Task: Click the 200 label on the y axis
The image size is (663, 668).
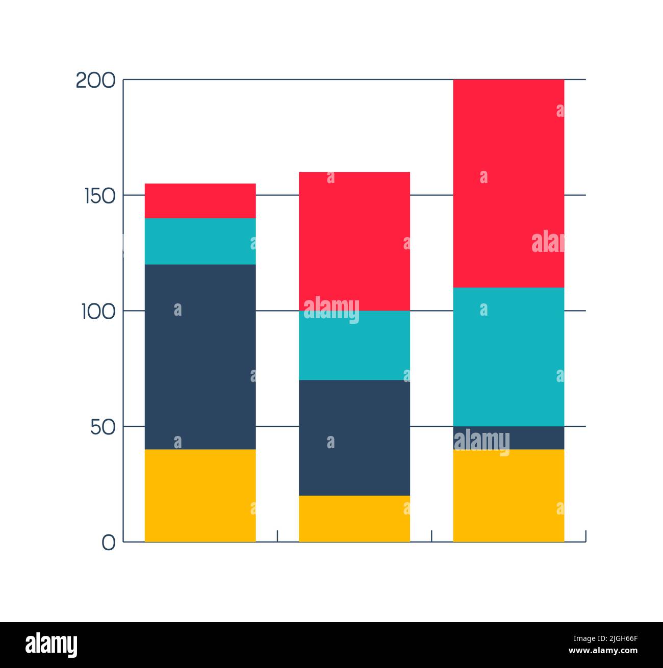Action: [95, 81]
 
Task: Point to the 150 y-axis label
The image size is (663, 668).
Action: [99, 196]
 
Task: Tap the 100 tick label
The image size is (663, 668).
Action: [98, 312]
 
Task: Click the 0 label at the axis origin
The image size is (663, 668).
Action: [108, 543]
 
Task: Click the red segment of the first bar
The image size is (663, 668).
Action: [200, 201]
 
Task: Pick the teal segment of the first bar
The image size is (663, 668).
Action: [200, 241]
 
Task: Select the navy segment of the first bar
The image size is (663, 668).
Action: [200, 356]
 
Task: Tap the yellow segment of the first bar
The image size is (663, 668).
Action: [200, 495]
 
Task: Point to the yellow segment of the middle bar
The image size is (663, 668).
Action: [354, 518]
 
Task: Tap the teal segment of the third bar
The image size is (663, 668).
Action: [508, 356]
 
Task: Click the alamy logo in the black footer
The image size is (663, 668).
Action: [51, 645]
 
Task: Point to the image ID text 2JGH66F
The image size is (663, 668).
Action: [605, 638]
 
